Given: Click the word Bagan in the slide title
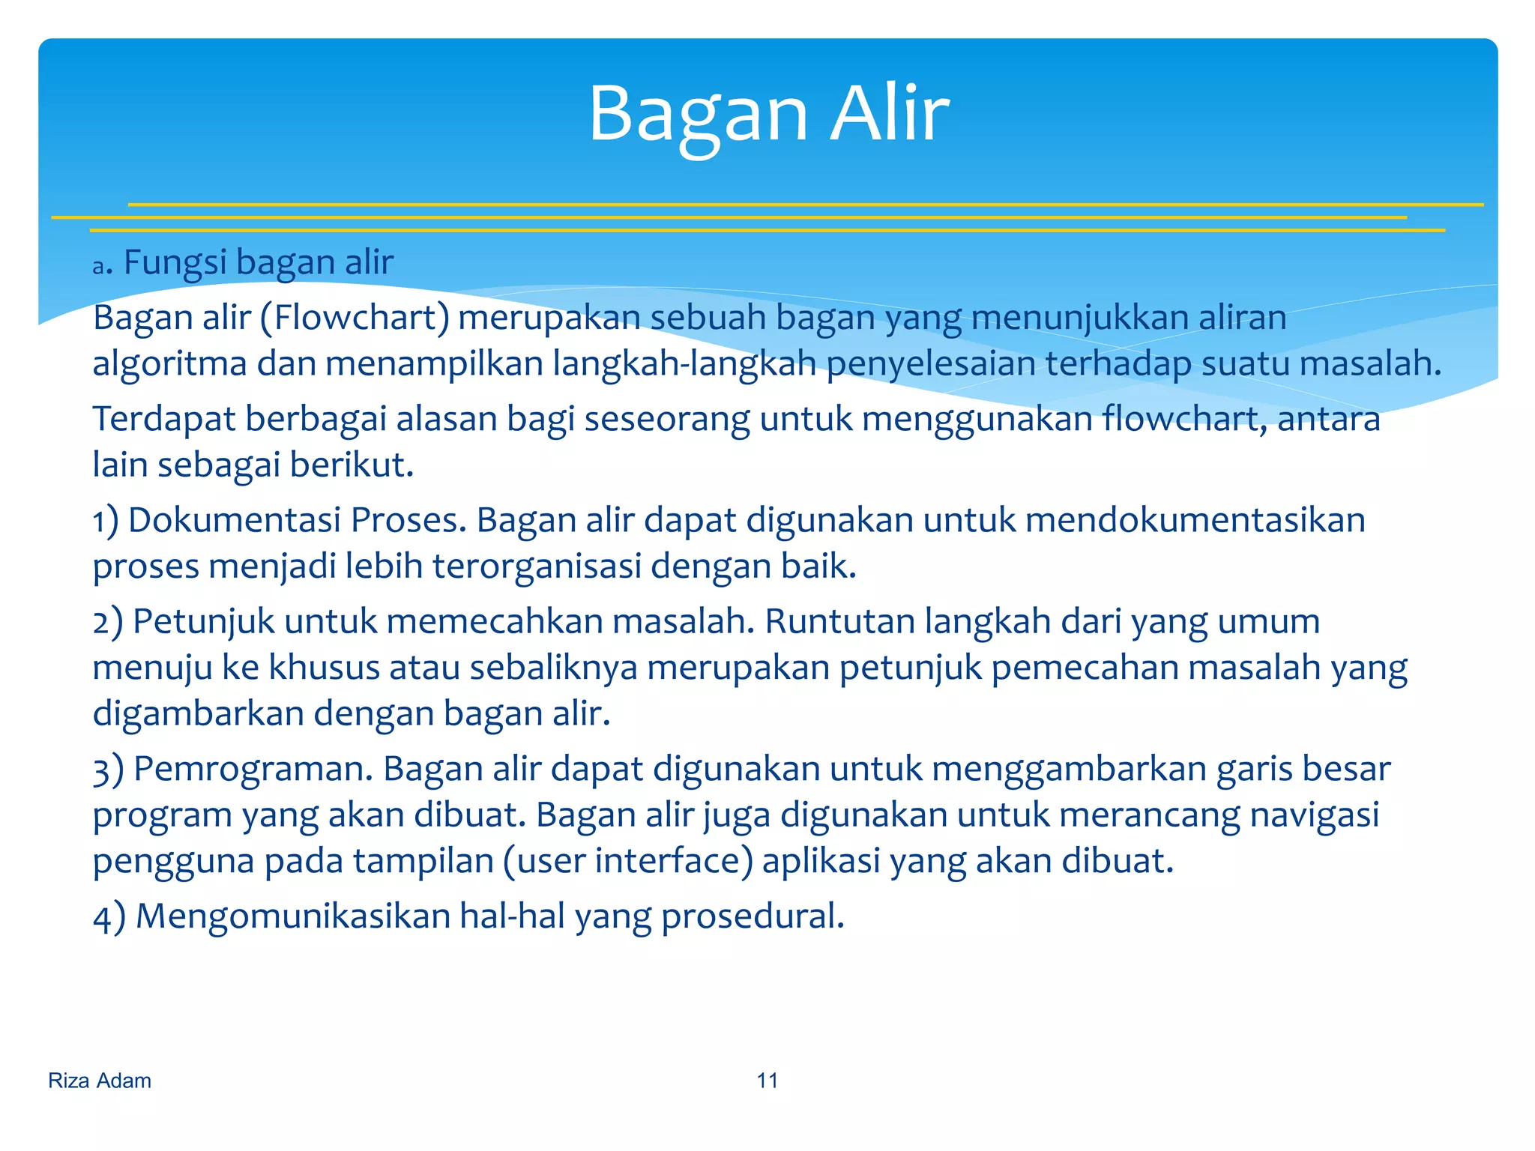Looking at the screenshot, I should [698, 114].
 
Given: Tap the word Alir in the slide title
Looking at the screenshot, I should [890, 114].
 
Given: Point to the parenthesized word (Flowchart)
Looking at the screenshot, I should [355, 318].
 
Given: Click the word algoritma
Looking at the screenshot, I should [170, 365].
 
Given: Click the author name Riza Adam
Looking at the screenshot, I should [100, 1081].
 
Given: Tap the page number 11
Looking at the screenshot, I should [767, 1081].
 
